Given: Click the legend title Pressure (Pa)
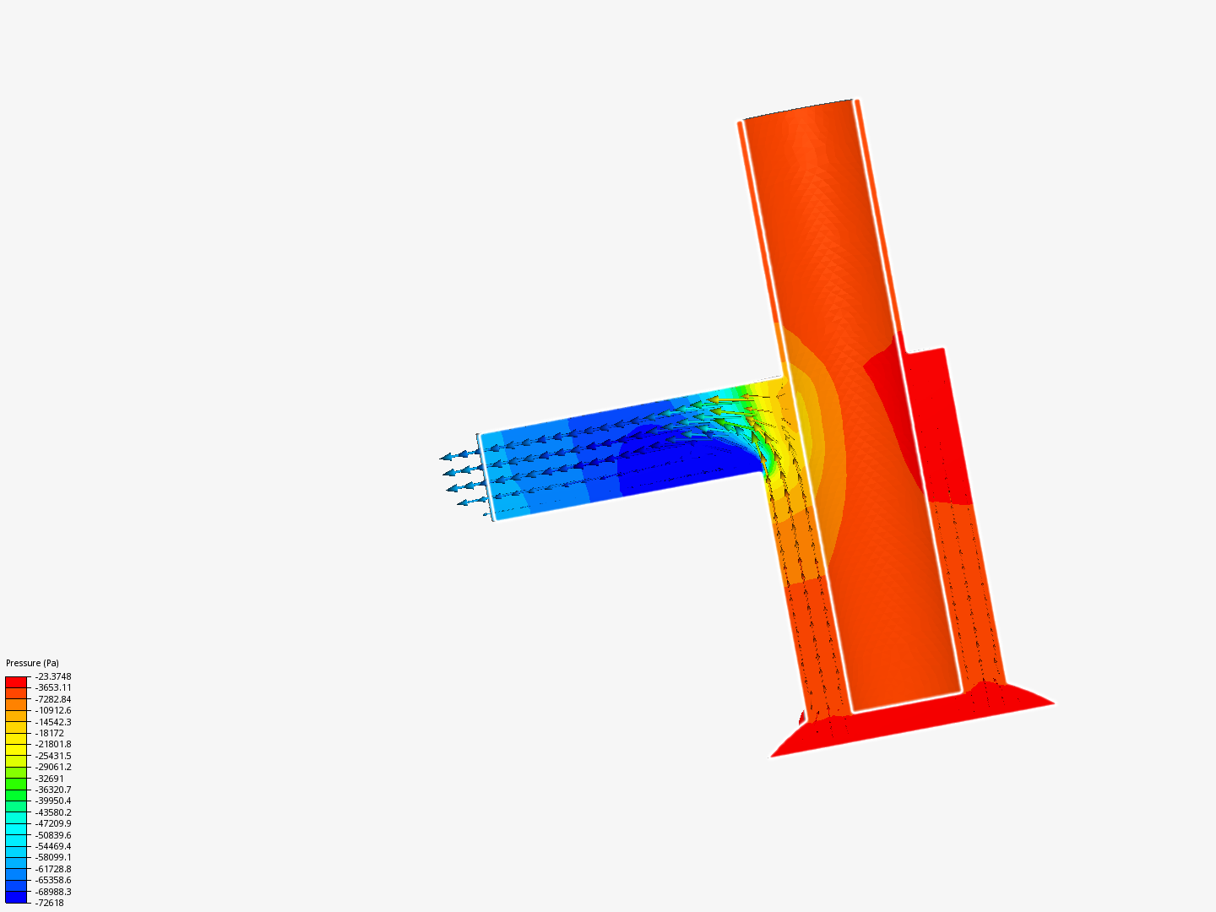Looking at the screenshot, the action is coord(32,663).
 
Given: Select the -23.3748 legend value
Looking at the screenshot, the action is coord(53,676).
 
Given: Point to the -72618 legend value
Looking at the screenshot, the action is coord(49,904).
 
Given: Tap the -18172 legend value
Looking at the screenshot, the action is coord(49,733).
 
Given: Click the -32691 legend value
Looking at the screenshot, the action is coord(49,779).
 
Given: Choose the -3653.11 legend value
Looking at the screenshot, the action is coord(53,687).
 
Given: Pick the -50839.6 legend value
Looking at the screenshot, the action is coord(53,835).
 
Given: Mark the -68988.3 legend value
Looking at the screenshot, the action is coord(53,892).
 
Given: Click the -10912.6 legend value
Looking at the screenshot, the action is coord(53,710).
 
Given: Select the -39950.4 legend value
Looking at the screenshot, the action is coord(53,801).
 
